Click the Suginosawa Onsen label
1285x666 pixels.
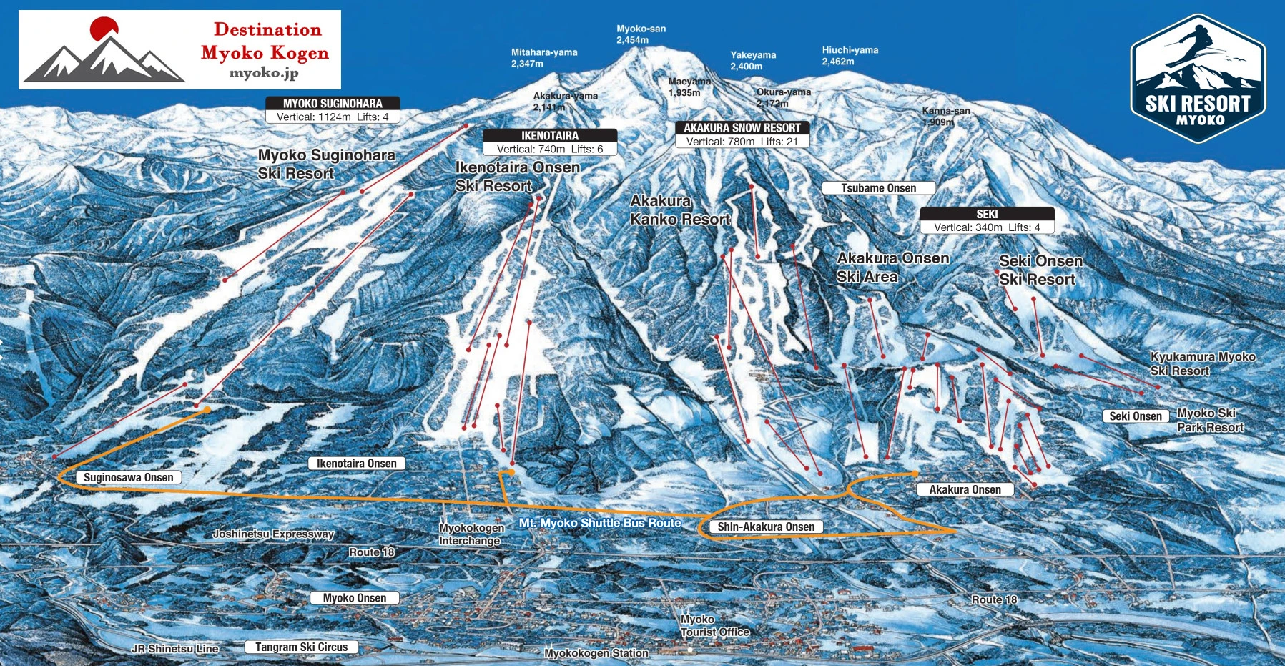[129, 478]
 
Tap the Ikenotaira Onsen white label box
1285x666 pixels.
[356, 464]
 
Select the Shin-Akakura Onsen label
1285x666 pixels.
[766, 527]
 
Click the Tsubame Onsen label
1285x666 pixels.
[878, 188]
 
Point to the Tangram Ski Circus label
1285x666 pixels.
[301, 647]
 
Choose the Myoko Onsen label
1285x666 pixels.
[354, 598]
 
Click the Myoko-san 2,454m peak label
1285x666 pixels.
[641, 34]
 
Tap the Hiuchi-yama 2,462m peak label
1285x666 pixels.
[850, 56]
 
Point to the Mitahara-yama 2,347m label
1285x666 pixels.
[543, 58]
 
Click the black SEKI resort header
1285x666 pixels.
[987, 214]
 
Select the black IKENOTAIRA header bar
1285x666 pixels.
[549, 136]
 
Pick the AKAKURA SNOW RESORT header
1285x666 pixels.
[742, 128]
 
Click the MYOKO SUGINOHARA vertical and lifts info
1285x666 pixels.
[333, 117]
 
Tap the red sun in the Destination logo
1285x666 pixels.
[104, 29]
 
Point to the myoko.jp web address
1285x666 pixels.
[263, 73]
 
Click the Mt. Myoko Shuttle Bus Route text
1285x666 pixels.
[599, 523]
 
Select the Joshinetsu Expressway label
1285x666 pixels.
[273, 534]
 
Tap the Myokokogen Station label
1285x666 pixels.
[596, 653]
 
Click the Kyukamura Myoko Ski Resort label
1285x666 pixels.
[1202, 363]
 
